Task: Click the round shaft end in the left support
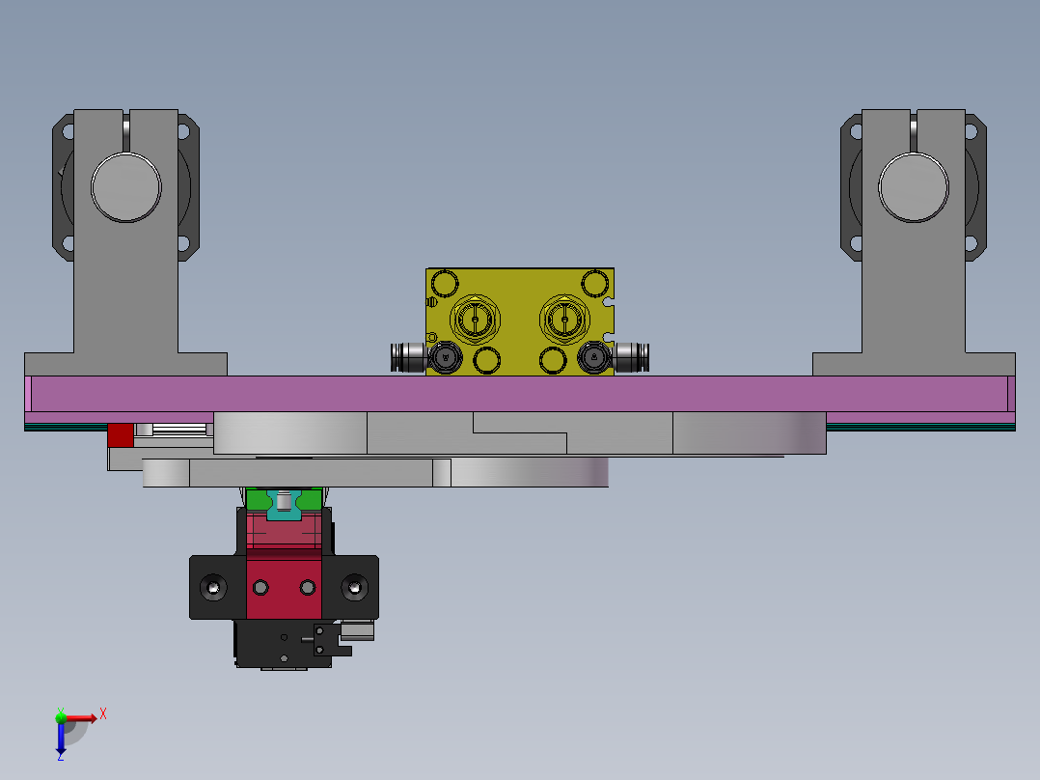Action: pyautogui.click(x=125, y=186)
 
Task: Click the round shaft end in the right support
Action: pyautogui.click(x=913, y=186)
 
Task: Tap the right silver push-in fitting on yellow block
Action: pyautogui.click(x=633, y=358)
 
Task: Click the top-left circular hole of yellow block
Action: pyautogui.click(x=445, y=284)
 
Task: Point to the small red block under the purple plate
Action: pyautogui.click(x=120, y=435)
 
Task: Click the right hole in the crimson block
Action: pyautogui.click(x=307, y=587)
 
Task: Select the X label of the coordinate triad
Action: pyautogui.click(x=103, y=713)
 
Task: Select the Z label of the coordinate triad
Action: pyautogui.click(x=60, y=757)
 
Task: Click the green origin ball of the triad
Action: pyautogui.click(x=60, y=717)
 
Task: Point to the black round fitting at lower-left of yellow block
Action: pyautogui.click(x=445, y=358)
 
